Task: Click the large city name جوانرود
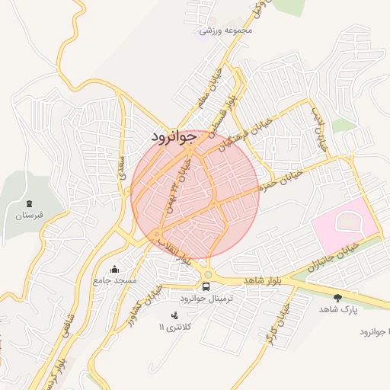click(x=174, y=136)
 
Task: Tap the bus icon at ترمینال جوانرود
click(x=206, y=286)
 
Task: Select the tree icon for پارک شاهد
click(x=337, y=297)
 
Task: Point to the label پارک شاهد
click(x=337, y=309)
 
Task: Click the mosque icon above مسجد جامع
click(x=115, y=268)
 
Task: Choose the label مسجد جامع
click(x=115, y=281)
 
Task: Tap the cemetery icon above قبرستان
click(x=29, y=203)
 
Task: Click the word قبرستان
click(x=29, y=216)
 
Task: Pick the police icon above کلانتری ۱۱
click(x=174, y=315)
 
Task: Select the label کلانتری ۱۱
click(x=176, y=327)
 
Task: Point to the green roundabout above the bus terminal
click(x=207, y=275)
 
